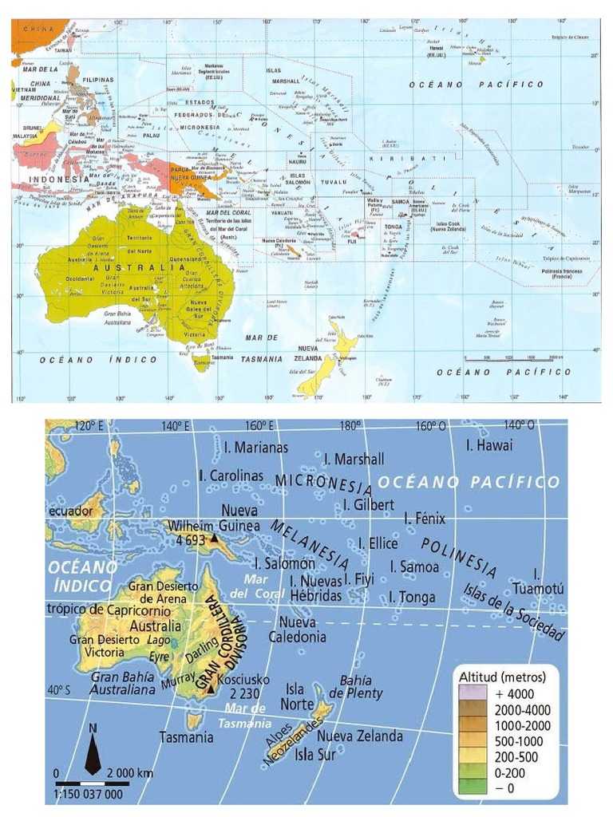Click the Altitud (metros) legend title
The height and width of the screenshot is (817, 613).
(x=502, y=677)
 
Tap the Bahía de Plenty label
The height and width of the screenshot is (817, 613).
(x=355, y=687)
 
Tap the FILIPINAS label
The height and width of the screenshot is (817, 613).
(x=96, y=81)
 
